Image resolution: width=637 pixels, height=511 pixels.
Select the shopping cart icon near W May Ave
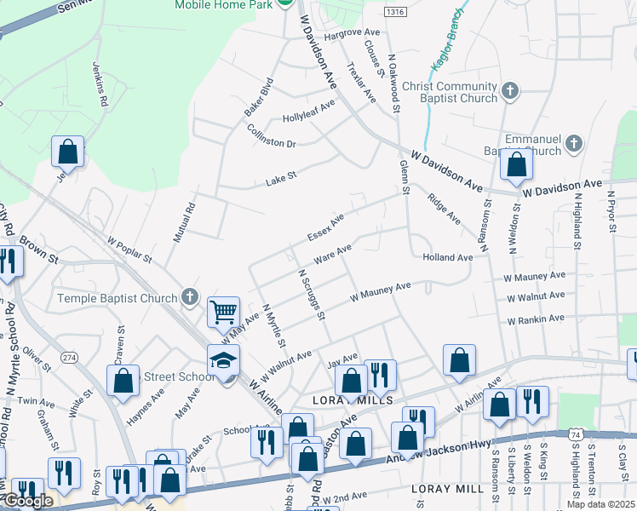click(x=222, y=312)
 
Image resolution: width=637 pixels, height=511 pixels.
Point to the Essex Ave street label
click(x=326, y=227)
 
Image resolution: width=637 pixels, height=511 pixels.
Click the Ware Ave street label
click(x=333, y=254)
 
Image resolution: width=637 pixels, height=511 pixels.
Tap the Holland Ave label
click(x=447, y=257)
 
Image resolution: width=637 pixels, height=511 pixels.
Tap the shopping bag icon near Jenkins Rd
click(x=67, y=152)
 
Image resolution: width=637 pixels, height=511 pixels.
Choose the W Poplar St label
click(x=129, y=251)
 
